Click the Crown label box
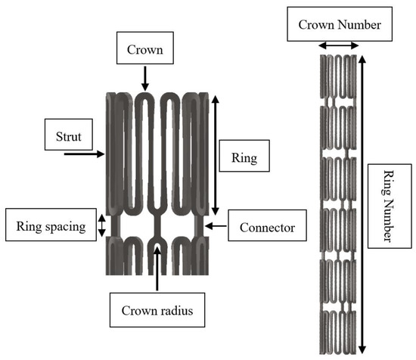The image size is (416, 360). point(144,52)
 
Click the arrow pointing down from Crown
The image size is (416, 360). point(144,78)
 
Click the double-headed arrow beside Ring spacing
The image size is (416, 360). point(102,225)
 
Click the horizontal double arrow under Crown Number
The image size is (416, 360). point(338,46)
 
